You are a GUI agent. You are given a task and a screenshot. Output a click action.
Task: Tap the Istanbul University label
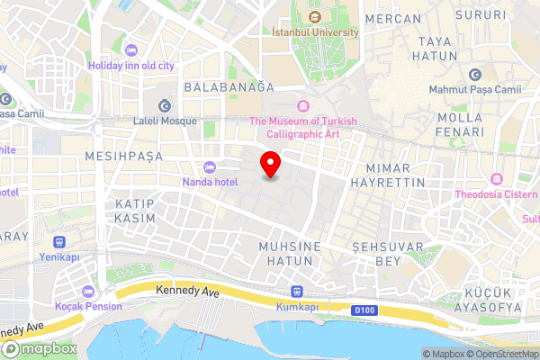(315, 31)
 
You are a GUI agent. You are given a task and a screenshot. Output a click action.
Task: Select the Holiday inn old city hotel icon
(132, 49)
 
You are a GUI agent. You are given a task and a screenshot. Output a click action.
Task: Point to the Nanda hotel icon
(211, 166)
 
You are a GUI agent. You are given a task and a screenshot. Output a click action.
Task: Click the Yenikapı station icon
(60, 242)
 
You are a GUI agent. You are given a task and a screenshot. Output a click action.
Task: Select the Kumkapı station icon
(296, 292)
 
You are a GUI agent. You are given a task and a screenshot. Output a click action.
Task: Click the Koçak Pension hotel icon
(88, 292)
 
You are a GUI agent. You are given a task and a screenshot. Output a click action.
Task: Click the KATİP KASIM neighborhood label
(136, 211)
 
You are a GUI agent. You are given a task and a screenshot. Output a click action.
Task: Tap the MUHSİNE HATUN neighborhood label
(285, 253)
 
